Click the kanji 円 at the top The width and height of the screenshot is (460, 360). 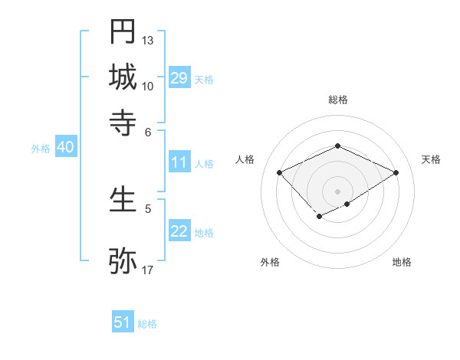[x=123, y=31]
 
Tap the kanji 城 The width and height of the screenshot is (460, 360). [x=123, y=77]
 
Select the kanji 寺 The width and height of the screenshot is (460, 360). [x=123, y=123]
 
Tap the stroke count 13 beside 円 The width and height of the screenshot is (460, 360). [x=148, y=40]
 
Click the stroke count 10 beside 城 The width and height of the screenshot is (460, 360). [x=148, y=86]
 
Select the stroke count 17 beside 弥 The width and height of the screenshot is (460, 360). [x=148, y=270]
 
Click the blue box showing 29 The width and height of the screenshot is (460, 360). [x=179, y=78]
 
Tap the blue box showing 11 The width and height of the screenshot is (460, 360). [x=179, y=162]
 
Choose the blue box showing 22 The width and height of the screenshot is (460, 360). [x=179, y=231]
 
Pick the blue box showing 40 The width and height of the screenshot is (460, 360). [x=65, y=147]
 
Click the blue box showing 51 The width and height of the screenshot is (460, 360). [x=123, y=322]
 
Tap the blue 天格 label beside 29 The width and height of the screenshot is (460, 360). [x=204, y=80]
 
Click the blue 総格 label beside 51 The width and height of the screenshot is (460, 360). [x=147, y=324]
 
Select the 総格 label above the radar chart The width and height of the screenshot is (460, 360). [x=337, y=100]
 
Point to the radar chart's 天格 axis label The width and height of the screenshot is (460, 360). [x=431, y=159]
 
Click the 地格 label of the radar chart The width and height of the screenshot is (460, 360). [x=402, y=262]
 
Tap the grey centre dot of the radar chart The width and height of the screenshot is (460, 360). [x=337, y=191]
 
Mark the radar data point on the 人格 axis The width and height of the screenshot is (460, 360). [x=280, y=172]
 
